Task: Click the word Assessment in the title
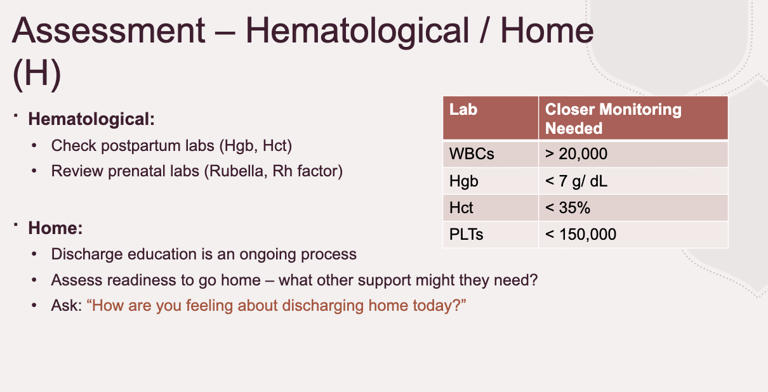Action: click(109, 31)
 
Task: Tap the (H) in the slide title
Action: click(37, 74)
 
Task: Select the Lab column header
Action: click(463, 110)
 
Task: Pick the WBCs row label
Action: click(472, 154)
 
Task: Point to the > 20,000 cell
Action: click(576, 154)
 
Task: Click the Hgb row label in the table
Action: click(463, 181)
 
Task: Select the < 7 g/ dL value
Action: click(576, 181)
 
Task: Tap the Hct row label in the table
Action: click(461, 208)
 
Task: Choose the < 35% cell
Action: click(568, 208)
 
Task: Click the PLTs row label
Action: click(467, 235)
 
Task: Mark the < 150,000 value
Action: click(581, 235)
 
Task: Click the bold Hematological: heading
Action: click(91, 120)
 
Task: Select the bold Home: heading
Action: click(56, 228)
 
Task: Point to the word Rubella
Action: click(238, 171)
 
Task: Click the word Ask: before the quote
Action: click(67, 306)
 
